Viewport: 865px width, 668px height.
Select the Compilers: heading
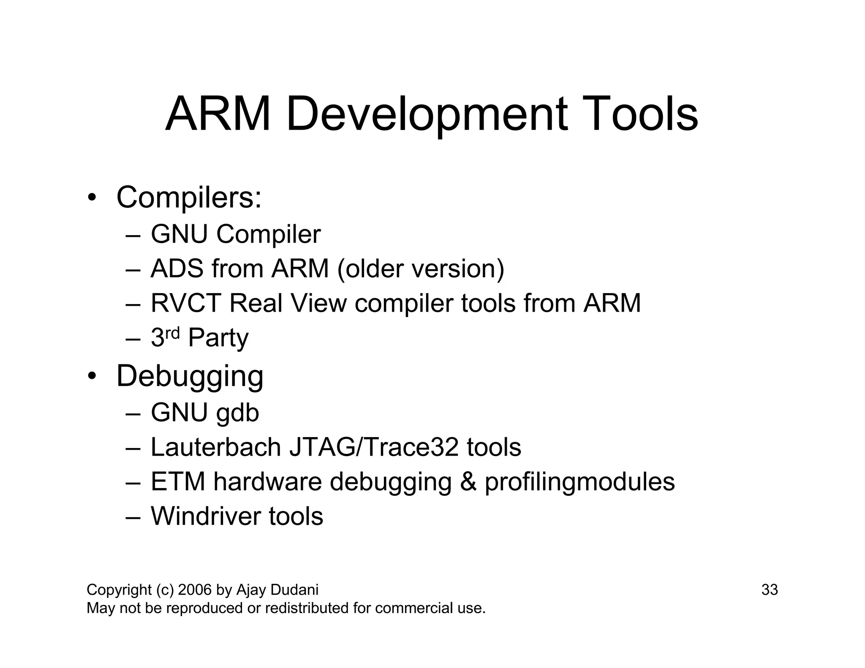[189, 197]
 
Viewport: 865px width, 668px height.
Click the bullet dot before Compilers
[92, 198]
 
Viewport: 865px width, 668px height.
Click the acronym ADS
[177, 269]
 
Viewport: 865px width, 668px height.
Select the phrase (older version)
[421, 269]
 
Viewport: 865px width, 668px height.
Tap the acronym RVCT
[186, 303]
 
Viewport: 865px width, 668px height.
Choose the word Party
[218, 338]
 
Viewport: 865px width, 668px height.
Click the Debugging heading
[190, 376]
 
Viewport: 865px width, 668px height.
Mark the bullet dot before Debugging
[92, 376]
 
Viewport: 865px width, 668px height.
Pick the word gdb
[237, 413]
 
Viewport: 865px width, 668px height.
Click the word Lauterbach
[215, 447]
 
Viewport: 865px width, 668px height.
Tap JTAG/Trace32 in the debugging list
[374, 447]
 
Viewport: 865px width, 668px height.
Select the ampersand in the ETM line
[468, 482]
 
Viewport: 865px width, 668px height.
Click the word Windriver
[206, 516]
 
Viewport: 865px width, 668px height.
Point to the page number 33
[769, 590]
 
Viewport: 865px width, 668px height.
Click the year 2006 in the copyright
[195, 590]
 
